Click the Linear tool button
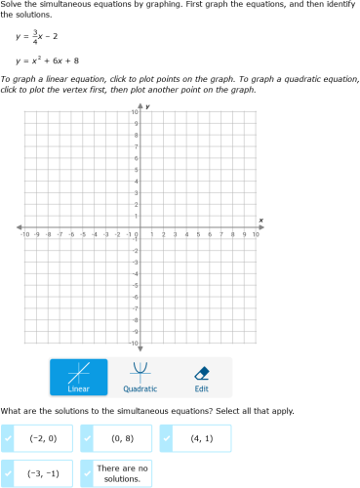click(79, 378)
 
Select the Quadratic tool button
click(140, 378)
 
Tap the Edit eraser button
click(201, 378)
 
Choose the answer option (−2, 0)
click(43, 438)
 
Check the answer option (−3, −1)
click(43, 473)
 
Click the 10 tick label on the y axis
click(134, 113)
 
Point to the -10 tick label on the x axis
click(24, 235)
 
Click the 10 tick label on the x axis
click(256, 235)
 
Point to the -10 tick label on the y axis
click(133, 344)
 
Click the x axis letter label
click(260, 220)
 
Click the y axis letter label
click(147, 104)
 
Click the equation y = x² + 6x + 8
click(48, 61)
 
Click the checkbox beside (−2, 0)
click(8, 438)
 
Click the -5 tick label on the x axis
click(83, 235)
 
